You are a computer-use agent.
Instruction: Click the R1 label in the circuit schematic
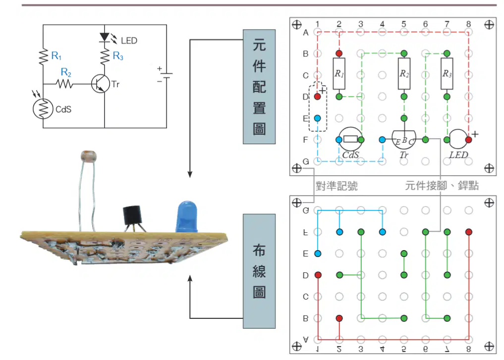tap(56, 56)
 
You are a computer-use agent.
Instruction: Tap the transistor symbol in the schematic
tap(100, 84)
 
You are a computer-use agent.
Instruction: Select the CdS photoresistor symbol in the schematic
tap(43, 109)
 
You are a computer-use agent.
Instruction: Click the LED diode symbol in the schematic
tap(105, 37)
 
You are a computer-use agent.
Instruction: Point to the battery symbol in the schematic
tap(166, 76)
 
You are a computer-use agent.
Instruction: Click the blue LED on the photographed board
tap(187, 216)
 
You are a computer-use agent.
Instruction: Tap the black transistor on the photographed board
tap(132, 215)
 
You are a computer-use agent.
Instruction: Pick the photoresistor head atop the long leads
tap(89, 156)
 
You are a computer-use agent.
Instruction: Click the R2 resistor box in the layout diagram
tap(404, 74)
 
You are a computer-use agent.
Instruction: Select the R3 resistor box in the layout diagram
tap(447, 74)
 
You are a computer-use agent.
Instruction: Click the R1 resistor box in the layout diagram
tap(339, 74)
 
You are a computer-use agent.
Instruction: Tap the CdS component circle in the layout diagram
tap(350, 139)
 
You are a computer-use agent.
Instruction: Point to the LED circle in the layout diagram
tap(458, 139)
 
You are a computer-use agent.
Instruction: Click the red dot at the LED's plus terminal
tap(468, 140)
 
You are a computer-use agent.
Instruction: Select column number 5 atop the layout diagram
tap(404, 24)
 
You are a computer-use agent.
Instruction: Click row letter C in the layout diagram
tap(306, 75)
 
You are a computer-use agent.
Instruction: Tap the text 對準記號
tap(336, 186)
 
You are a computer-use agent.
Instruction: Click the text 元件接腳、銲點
tap(442, 186)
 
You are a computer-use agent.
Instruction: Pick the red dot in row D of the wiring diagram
tap(318, 275)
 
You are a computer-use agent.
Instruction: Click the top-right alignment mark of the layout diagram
tap(489, 25)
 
